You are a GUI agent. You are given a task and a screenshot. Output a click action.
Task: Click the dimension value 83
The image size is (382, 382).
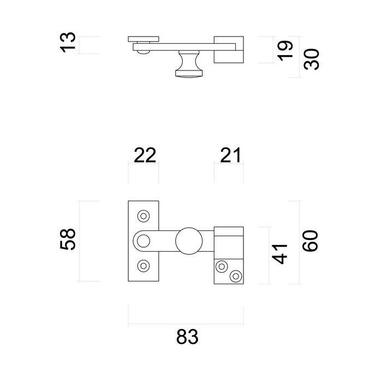(187, 337)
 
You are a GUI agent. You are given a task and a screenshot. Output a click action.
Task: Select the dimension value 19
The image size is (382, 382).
(285, 50)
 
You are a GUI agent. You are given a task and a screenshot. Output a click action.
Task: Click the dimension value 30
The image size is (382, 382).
(311, 56)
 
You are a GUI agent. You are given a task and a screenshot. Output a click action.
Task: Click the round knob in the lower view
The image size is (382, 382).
(189, 241)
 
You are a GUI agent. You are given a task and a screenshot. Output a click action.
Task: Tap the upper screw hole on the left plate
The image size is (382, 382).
(144, 216)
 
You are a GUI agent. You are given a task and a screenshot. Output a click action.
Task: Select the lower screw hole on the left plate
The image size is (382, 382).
(144, 266)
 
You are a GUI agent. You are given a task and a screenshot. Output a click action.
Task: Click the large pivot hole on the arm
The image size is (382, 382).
(144, 241)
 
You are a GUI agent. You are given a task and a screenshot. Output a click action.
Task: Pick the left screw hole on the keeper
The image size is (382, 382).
(222, 266)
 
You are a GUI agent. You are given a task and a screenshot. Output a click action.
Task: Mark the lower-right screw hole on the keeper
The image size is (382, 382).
(235, 276)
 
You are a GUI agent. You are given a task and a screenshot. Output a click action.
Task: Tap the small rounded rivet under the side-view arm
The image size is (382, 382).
(142, 51)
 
